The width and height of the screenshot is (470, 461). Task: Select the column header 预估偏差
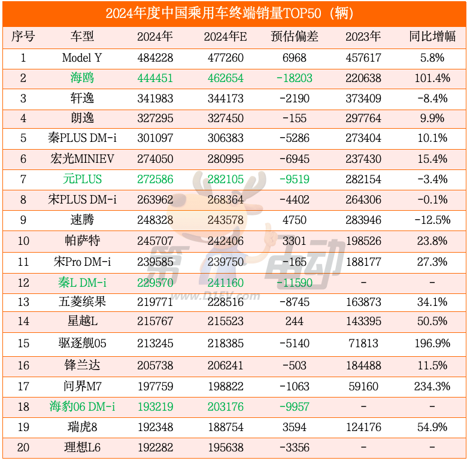click(x=294, y=37)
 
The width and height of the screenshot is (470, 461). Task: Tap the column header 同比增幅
click(x=432, y=37)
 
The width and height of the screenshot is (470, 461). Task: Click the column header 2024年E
click(x=225, y=37)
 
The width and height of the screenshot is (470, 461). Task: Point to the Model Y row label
click(x=82, y=58)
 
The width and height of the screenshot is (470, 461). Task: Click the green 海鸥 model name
click(x=82, y=78)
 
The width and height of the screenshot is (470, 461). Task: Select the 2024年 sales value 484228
click(x=154, y=58)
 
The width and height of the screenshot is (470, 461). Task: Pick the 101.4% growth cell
click(x=432, y=78)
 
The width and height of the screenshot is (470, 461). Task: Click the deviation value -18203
click(x=294, y=78)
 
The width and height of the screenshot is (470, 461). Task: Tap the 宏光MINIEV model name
click(x=82, y=159)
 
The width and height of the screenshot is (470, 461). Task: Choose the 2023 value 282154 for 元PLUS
click(x=363, y=179)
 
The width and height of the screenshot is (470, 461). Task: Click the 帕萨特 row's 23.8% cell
click(x=432, y=241)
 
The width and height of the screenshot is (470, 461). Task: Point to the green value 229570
click(x=154, y=282)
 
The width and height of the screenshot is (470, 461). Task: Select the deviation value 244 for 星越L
click(x=294, y=322)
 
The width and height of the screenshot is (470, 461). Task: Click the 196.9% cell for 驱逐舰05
click(x=432, y=344)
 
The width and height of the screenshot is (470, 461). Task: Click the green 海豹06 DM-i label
click(x=82, y=407)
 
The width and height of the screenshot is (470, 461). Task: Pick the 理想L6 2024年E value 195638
click(x=225, y=447)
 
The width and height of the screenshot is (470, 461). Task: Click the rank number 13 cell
click(x=23, y=302)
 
